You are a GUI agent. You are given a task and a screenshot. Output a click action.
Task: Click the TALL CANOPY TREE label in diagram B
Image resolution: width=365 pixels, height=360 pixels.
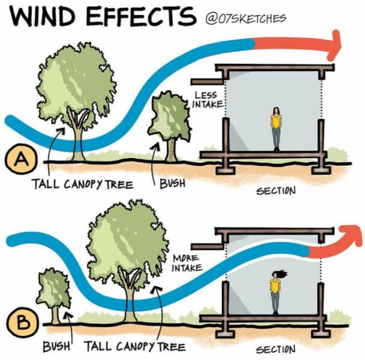[x=134, y=347]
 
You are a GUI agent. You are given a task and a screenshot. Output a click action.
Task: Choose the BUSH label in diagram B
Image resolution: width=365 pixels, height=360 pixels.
[x=58, y=347]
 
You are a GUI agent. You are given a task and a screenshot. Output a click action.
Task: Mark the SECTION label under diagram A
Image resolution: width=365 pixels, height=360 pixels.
[x=276, y=191]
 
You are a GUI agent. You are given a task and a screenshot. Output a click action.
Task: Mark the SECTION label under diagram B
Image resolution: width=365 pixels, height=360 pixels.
[x=277, y=349]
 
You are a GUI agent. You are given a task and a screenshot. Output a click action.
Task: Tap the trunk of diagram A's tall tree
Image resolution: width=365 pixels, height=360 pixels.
[x=79, y=140]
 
